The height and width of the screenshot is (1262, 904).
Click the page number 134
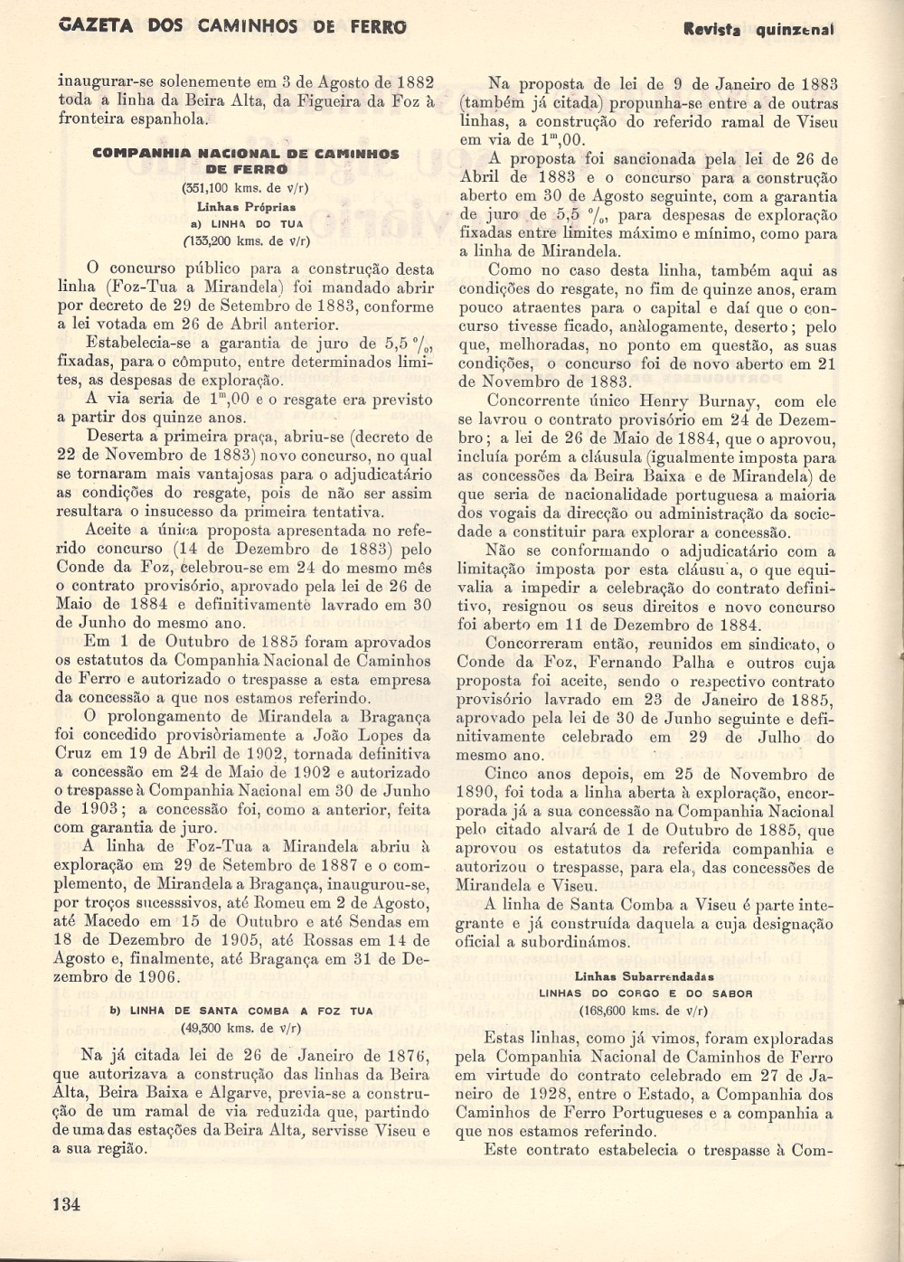pyautogui.click(x=67, y=1203)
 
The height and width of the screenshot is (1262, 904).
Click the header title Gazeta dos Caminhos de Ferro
pyautogui.click(x=231, y=26)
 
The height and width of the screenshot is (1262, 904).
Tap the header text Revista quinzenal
pyautogui.click(x=758, y=29)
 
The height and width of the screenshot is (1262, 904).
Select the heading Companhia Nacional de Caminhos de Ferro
pyautogui.click(x=246, y=161)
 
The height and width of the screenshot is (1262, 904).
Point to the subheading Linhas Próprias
pyautogui.click(x=245, y=207)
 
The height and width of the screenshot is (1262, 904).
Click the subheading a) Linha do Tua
pyautogui.click(x=246, y=223)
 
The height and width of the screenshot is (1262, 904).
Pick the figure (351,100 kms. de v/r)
pyautogui.click(x=245, y=189)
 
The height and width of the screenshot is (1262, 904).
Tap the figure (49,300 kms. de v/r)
pyautogui.click(x=241, y=1028)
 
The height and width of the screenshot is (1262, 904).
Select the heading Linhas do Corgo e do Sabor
pyautogui.click(x=645, y=994)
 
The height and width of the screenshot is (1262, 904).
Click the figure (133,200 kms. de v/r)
pyautogui.click(x=245, y=240)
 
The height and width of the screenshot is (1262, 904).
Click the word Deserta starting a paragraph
pyautogui.click(x=115, y=437)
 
